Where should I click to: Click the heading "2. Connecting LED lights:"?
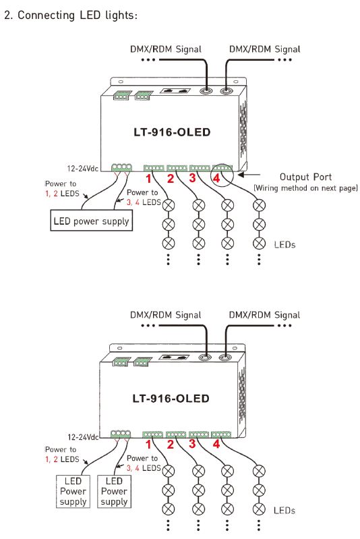(71, 15)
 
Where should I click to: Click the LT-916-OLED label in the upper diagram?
(172, 132)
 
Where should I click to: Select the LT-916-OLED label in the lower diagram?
(171, 399)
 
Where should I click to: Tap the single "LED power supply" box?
(92, 221)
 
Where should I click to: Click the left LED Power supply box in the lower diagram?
(73, 492)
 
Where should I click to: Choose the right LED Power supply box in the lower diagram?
(114, 492)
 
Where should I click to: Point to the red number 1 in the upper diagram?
(148, 179)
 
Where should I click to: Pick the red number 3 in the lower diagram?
(192, 444)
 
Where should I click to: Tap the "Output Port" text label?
(305, 177)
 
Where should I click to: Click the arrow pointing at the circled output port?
(249, 175)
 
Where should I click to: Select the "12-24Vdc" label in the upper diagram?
(82, 169)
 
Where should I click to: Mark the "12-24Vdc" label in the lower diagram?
(83, 437)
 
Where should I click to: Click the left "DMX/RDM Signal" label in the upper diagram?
(166, 49)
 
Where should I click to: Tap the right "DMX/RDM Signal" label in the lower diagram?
(264, 315)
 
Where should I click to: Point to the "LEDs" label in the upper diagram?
(284, 245)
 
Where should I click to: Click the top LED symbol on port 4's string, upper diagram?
(259, 206)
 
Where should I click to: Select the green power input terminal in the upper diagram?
(121, 168)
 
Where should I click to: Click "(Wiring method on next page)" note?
(305, 188)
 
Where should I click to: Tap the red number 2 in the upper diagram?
(171, 179)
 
